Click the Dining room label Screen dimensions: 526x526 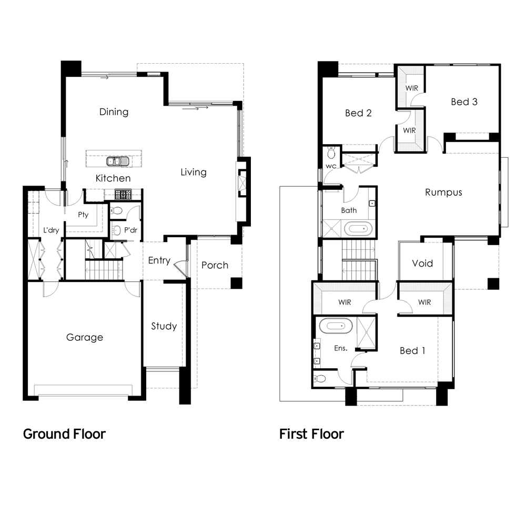[114, 112]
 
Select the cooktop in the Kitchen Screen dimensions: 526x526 [123, 195]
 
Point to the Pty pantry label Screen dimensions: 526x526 [83, 215]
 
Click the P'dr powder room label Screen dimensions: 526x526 [130, 229]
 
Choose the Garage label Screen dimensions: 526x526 [84, 337]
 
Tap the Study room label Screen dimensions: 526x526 [164, 326]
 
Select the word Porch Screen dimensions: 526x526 [215, 265]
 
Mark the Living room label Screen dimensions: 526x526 [194, 172]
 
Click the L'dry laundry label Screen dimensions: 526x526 [51, 230]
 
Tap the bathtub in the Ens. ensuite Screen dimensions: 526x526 [335, 326]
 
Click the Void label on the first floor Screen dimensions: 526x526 [422, 263]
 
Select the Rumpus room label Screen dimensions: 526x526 [443, 192]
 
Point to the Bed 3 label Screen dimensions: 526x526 [464, 102]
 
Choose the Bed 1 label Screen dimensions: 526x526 [412, 350]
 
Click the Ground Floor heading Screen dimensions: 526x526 [64, 434]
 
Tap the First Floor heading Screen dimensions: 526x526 [311, 434]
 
